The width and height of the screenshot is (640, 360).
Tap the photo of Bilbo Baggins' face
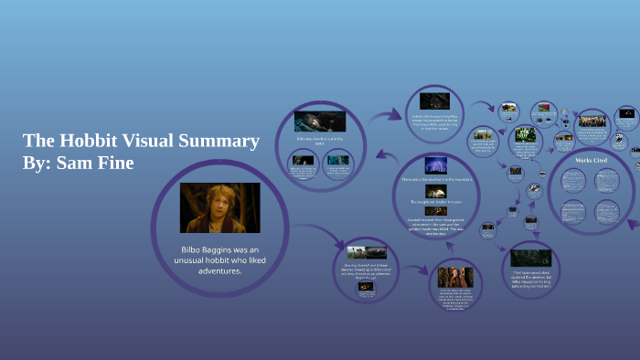click(219, 207)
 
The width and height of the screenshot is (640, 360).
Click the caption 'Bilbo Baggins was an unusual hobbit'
click(219, 259)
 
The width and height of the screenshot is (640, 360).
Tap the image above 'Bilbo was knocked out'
click(320, 121)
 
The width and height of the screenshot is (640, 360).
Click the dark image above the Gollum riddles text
click(433, 101)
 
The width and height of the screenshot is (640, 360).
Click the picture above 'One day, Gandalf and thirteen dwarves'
click(365, 251)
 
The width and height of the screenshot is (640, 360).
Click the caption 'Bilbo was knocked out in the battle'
click(319, 141)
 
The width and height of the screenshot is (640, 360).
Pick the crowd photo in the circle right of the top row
click(592, 120)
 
